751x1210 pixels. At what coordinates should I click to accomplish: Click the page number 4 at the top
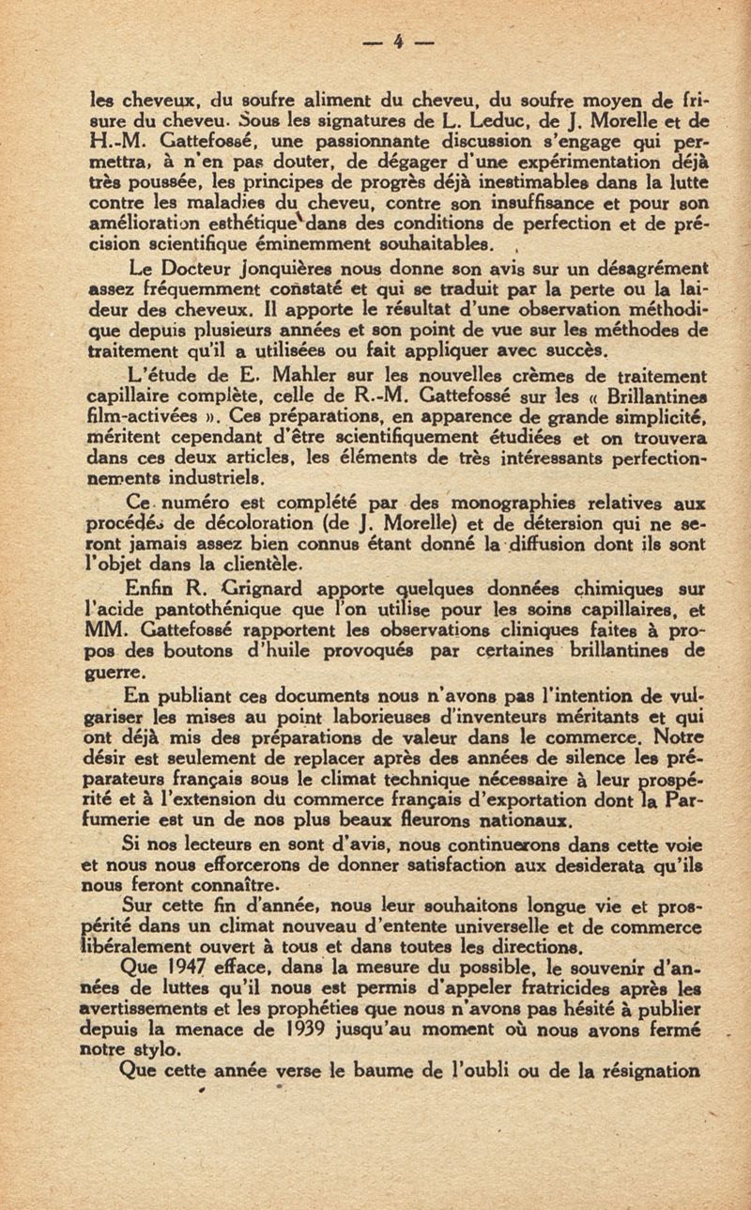pos(398,40)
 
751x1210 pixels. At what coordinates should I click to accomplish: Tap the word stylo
pos(164,1047)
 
